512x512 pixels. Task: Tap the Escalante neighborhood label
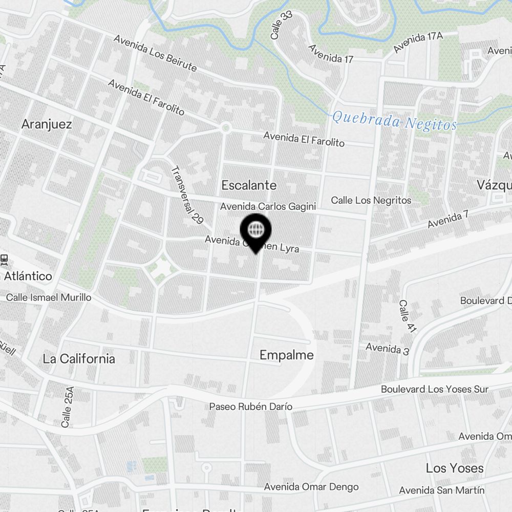click(249, 185)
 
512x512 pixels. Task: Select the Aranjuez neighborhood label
click(47, 124)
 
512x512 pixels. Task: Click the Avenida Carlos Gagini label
click(268, 207)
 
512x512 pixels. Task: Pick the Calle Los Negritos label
click(371, 200)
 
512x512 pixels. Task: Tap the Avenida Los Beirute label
click(155, 53)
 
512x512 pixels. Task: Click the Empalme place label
click(287, 355)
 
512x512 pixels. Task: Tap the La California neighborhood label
click(79, 358)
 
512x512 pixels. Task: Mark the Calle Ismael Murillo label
click(49, 297)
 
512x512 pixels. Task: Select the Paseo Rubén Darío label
click(251, 407)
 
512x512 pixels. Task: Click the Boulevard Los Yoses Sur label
click(434, 390)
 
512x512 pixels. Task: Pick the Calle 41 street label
click(407, 316)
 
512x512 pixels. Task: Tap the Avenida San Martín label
click(441, 490)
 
